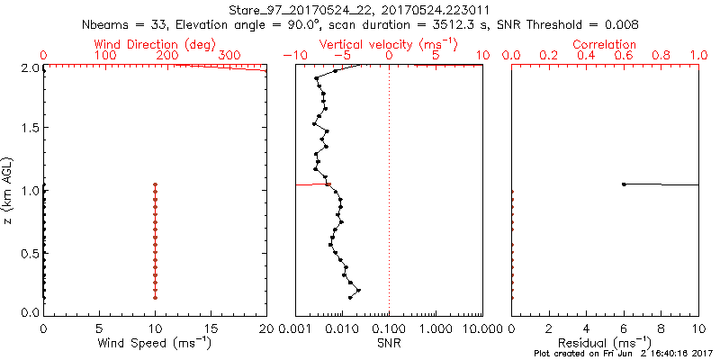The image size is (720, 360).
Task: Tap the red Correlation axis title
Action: click(x=604, y=44)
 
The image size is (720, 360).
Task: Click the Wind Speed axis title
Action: click(x=156, y=342)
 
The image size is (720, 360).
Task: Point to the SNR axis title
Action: click(x=389, y=342)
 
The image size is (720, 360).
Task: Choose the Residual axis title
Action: click(x=605, y=342)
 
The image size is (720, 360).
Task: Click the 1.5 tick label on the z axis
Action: click(x=30, y=129)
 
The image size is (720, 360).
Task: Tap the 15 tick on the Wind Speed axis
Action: click(x=211, y=329)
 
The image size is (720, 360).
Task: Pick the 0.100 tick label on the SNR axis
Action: click(x=389, y=329)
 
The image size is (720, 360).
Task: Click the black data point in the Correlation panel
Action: click(x=624, y=184)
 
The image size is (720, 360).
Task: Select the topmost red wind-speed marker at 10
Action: click(x=156, y=184)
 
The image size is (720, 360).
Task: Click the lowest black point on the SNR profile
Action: click(x=350, y=297)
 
